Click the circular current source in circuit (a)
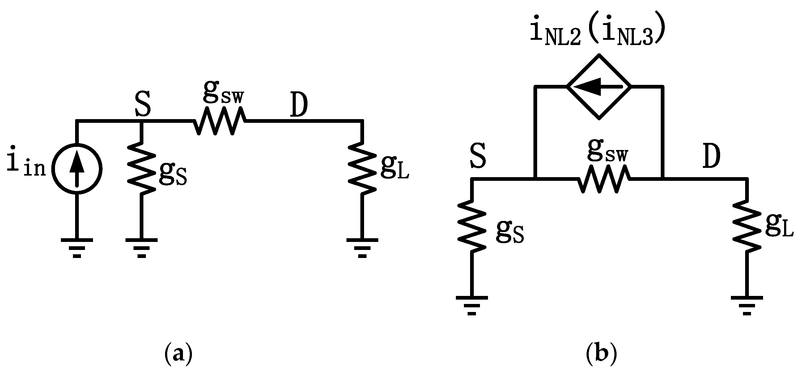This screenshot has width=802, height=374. [77, 168]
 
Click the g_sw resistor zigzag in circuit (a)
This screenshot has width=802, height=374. [220, 121]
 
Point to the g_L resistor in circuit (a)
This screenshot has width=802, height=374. [362, 168]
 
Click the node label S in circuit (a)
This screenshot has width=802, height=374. [143, 104]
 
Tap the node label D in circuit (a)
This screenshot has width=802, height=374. [299, 105]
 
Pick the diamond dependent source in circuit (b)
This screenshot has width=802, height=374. [599, 87]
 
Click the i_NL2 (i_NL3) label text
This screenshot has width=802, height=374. [598, 34]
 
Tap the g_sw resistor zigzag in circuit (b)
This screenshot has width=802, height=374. [604, 180]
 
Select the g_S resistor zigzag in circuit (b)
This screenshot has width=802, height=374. [472, 226]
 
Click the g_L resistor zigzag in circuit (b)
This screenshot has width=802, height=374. [747, 226]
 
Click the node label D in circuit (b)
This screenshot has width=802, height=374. [711, 157]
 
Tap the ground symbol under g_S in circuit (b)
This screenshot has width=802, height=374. [472, 305]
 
